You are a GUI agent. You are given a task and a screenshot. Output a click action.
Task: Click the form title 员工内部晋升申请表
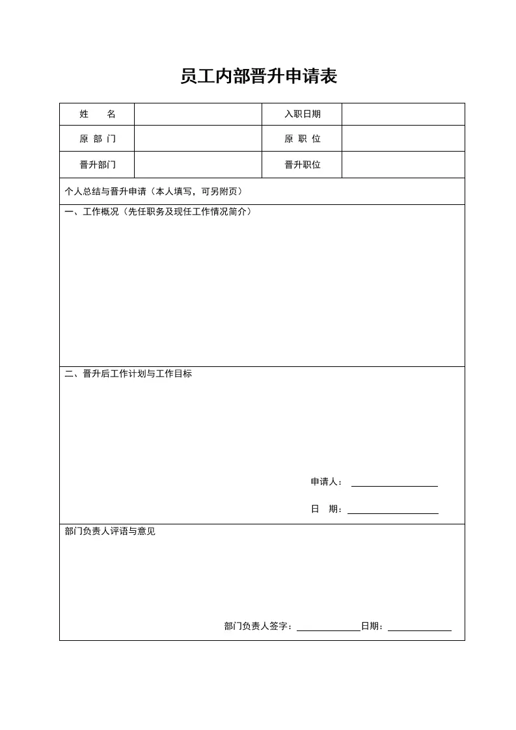[x=258, y=77]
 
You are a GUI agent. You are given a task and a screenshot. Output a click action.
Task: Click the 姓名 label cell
[x=97, y=114]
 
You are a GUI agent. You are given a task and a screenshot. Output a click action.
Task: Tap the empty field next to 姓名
[x=198, y=114]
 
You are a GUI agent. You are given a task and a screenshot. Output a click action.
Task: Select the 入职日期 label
[x=302, y=114]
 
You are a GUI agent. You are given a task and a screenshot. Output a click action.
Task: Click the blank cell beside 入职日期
[x=403, y=114]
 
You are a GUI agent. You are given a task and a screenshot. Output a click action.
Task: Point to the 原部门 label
[x=97, y=139]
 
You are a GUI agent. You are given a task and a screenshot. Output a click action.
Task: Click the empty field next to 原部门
[x=198, y=139]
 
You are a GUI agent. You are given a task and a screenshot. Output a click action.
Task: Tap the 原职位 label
[x=302, y=139]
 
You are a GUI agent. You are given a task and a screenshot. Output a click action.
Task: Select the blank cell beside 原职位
[x=403, y=139]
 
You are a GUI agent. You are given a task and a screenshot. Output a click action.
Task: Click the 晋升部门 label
[x=97, y=165]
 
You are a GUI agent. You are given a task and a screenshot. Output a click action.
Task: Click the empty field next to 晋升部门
[x=198, y=165]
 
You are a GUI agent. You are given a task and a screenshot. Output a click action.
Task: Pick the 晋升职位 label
[x=302, y=165]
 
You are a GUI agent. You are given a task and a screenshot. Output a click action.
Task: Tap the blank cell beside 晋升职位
[x=403, y=165]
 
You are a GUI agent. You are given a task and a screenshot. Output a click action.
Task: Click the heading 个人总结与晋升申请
[x=154, y=191]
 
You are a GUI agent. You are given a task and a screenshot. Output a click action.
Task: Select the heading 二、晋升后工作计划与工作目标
[x=128, y=374]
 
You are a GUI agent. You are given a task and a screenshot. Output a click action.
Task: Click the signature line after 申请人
[x=394, y=483]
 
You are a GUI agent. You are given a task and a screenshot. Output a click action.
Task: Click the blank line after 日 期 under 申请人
[x=392, y=511]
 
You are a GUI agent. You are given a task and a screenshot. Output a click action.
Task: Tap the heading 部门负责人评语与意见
[x=110, y=532]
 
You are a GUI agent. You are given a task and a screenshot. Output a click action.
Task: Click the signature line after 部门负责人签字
[x=328, y=628]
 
